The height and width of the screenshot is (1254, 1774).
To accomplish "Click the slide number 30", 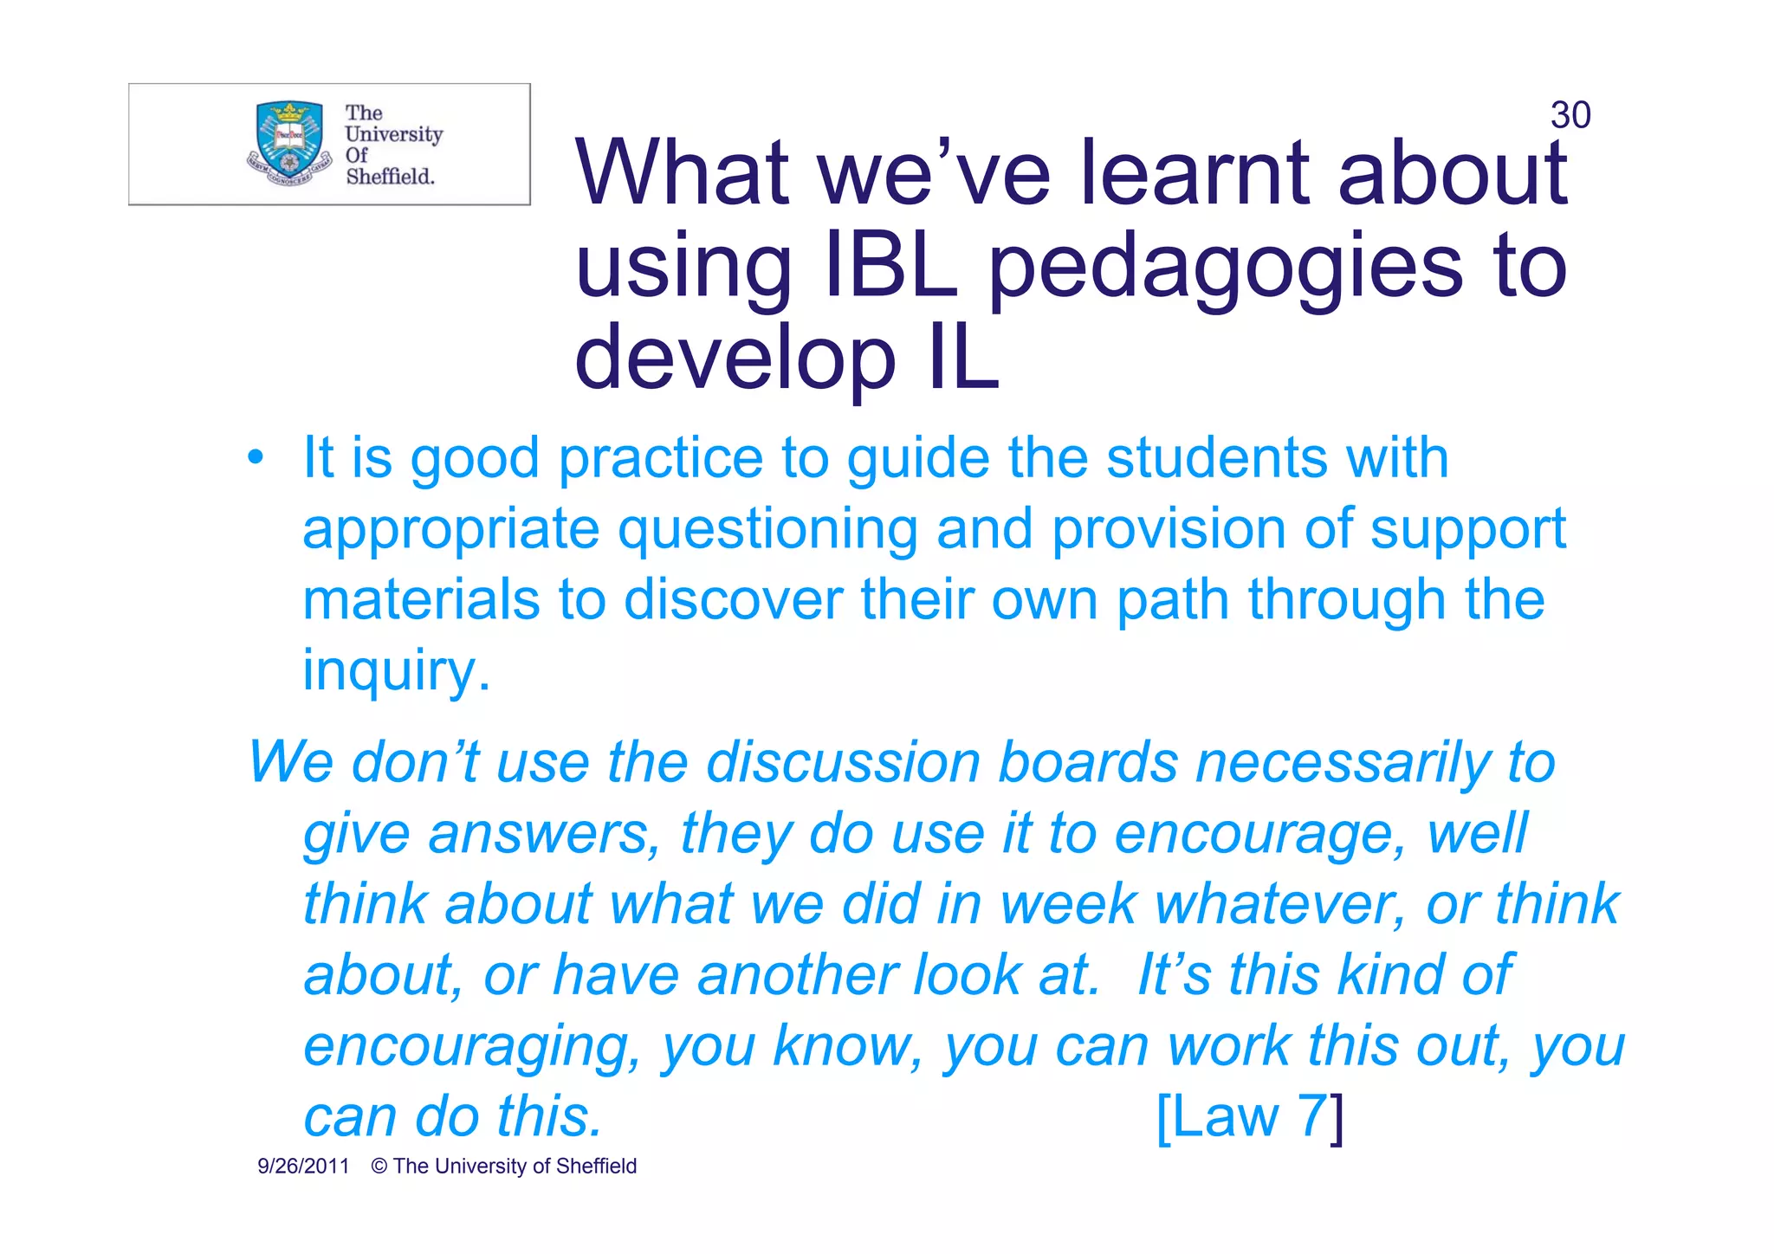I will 1570,115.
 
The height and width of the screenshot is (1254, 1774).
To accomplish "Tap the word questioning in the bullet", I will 767,531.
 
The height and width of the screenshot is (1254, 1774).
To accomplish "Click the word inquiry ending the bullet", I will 396,670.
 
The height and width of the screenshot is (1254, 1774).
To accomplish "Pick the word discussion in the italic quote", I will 844,763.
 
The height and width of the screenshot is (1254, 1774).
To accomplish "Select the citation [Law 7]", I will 1249,1116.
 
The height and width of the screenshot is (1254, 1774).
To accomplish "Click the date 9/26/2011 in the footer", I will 303,1167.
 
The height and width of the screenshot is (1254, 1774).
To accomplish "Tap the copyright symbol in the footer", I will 379,1167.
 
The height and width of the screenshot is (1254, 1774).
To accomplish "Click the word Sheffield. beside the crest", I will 390,177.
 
